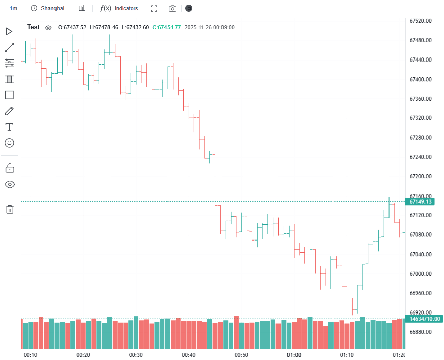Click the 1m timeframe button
tap(13, 8)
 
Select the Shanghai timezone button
tap(47, 8)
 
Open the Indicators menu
tap(119, 8)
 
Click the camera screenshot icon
tap(172, 9)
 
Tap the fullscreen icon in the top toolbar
tap(154, 9)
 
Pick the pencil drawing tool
tap(9, 111)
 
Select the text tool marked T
tap(9, 127)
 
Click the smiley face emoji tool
tap(9, 143)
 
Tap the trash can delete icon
tap(9, 209)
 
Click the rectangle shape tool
tap(9, 95)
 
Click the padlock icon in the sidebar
tap(9, 168)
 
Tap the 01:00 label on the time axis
tap(294, 355)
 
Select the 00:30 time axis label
tap(136, 355)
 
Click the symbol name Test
tap(33, 27)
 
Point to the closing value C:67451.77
tap(166, 27)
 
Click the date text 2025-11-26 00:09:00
tap(209, 27)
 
